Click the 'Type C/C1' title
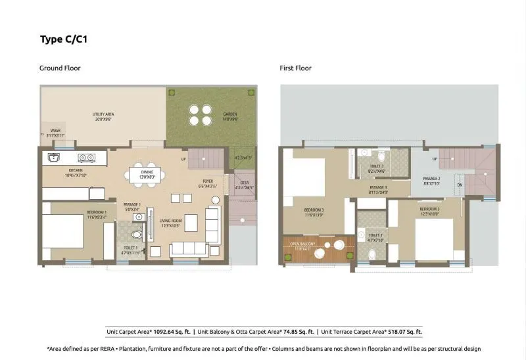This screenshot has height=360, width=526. coord(64,39)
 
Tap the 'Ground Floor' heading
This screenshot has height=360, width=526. coord(60,68)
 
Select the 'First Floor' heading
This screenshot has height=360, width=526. coord(295,68)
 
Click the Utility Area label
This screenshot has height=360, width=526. coord(103,116)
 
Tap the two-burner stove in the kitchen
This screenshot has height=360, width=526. coord(85,158)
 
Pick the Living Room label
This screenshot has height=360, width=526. coord(170,223)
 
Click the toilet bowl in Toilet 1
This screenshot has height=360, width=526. coord(137,233)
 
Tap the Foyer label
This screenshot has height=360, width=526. coord(208,183)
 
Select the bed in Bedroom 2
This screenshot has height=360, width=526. coord(435,236)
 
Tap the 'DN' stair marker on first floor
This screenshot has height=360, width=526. coord(460,185)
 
